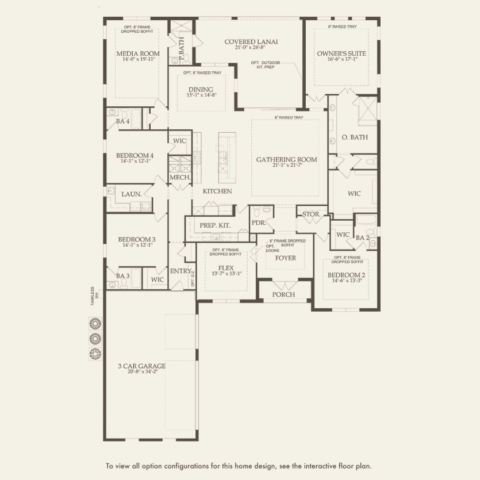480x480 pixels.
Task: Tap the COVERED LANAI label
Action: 251,41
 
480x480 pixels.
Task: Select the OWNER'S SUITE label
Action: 341,53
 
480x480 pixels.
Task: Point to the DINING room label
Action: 201,90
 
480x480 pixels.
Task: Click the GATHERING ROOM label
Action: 286,160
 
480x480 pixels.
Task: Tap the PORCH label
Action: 283,294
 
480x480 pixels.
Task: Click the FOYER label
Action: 286,258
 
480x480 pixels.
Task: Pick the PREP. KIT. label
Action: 214,226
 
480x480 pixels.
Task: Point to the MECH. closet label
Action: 180,178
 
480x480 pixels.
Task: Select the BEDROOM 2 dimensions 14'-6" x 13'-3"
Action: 346,282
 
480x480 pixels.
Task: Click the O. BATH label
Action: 355,137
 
